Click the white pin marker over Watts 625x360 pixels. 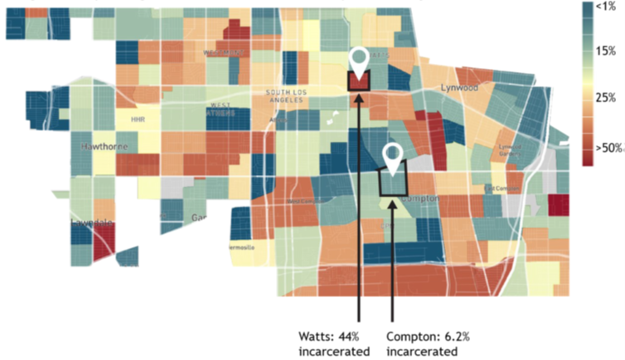pyautogui.click(x=359, y=59)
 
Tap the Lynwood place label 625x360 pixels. pyautogui.click(x=460, y=86)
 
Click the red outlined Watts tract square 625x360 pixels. pyautogui.click(x=359, y=82)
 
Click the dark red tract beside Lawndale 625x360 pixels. pyautogui.click(x=104, y=242)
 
